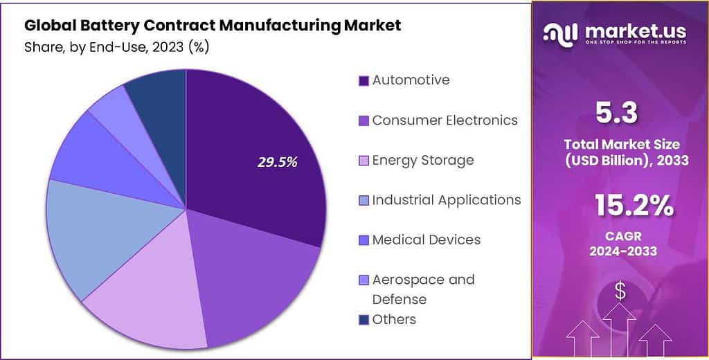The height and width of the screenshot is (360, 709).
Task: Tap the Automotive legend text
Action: click(411, 80)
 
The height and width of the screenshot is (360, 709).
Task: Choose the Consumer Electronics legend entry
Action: click(445, 120)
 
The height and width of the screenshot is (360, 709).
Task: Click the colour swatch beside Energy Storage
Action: click(364, 161)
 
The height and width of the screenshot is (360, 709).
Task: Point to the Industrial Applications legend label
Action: click(446, 200)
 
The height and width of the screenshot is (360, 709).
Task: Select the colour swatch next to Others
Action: click(364, 320)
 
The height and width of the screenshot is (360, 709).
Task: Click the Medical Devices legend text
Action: click(426, 240)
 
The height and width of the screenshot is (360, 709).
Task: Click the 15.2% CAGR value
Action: click(634, 206)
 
